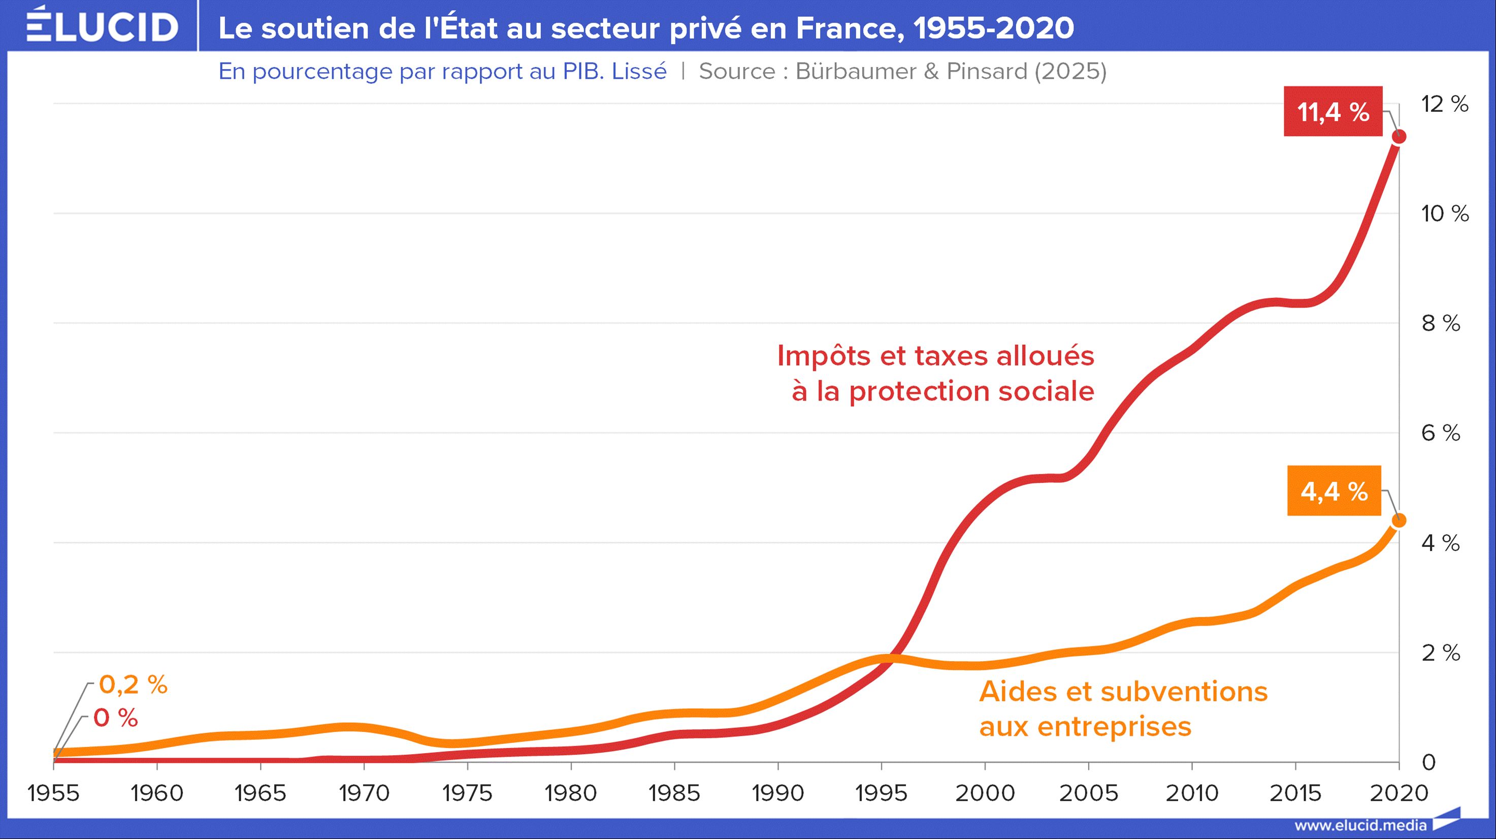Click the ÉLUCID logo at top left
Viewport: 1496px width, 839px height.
102,26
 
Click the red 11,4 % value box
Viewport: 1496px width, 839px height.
1333,112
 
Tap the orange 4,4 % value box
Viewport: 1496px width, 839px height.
1334,491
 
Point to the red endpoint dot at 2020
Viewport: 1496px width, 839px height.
1399,137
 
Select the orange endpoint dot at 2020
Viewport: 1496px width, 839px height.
1399,520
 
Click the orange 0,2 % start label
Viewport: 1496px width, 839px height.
133,685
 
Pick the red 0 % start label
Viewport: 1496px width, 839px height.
116,718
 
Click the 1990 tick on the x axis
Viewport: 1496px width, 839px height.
777,793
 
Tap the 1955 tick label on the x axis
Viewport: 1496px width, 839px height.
53,793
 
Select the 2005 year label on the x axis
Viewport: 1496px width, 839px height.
1088,793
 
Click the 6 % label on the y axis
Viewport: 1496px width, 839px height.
1440,433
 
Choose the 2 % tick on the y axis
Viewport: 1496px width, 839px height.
1440,653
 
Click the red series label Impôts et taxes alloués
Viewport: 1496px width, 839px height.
935,356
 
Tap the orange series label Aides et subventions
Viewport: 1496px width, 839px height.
1123,692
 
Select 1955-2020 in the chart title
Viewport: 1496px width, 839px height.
994,28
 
